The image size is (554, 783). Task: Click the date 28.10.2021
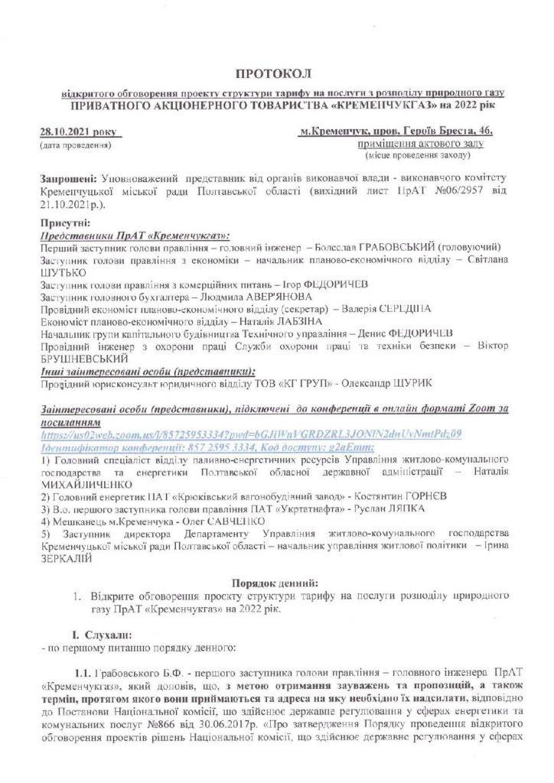click(x=64, y=132)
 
